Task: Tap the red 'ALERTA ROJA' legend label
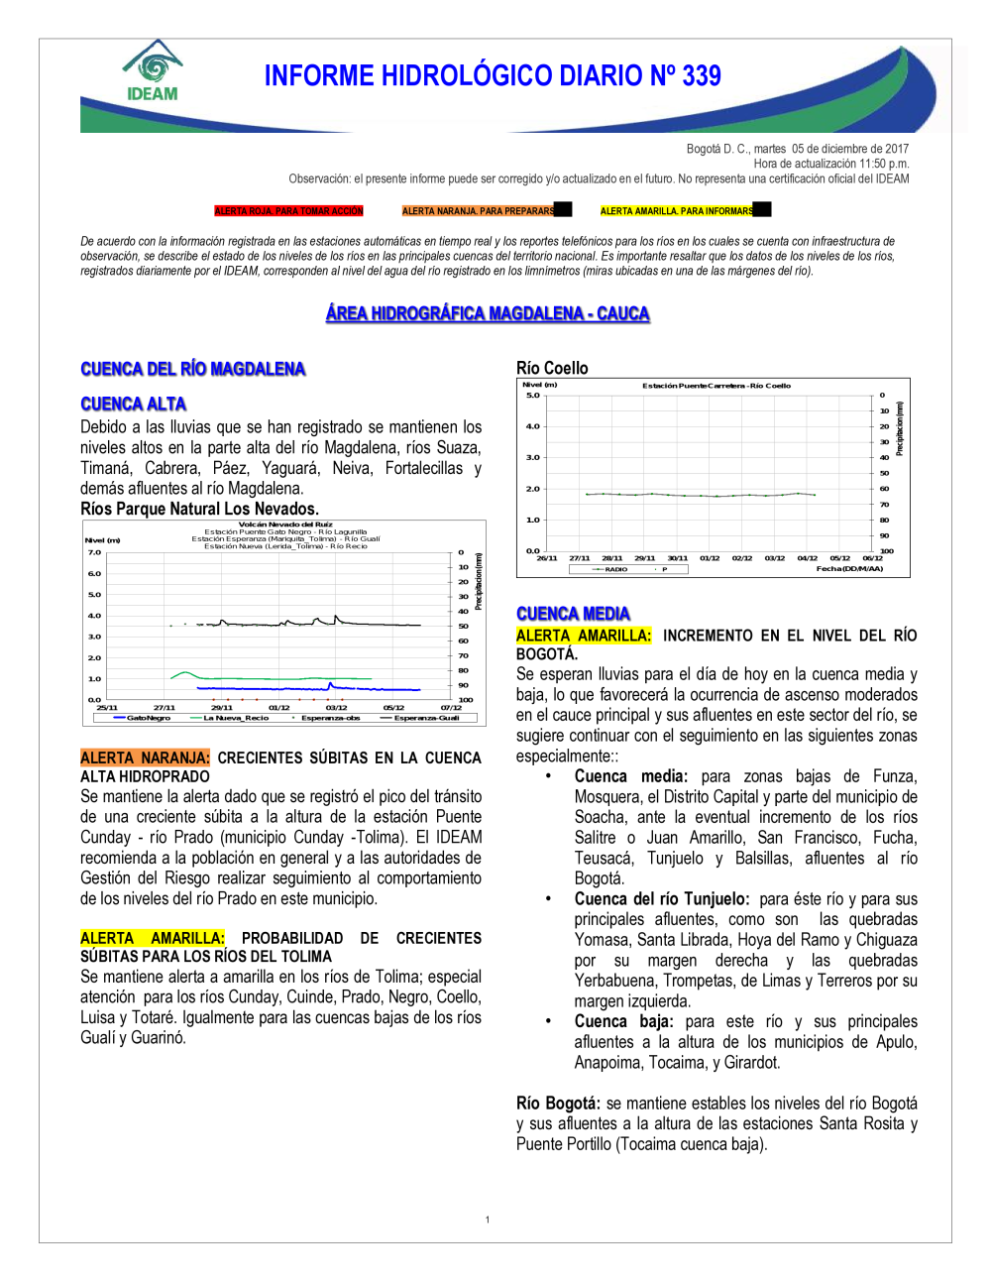[289, 211]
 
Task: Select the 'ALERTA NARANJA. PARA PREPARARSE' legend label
[479, 211]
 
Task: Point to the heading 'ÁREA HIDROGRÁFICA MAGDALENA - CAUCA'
[488, 313]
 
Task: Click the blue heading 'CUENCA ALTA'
[134, 404]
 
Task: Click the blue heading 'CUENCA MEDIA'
[573, 614]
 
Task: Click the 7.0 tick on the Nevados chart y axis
[94, 552]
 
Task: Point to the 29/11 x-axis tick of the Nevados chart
[221, 708]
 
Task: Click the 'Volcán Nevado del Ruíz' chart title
[285, 524]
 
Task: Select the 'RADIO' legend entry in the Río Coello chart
[615, 569]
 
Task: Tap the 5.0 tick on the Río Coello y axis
[533, 396]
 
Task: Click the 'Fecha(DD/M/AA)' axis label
[849, 569]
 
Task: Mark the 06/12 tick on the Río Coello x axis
[872, 558]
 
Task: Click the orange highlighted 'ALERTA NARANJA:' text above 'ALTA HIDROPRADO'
[145, 758]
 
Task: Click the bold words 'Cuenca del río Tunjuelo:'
[662, 899]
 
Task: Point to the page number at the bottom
[488, 1220]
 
